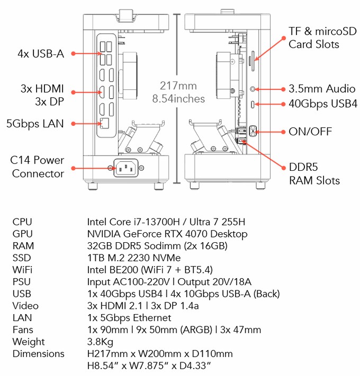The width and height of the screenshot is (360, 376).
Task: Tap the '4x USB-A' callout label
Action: pyautogui.click(x=41, y=54)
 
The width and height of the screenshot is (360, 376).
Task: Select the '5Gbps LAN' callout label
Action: pyautogui.click(x=35, y=124)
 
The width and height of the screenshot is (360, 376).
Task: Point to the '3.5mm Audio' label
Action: pyautogui.click(x=322, y=89)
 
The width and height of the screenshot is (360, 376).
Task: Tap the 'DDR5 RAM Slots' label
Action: pyautogui.click(x=314, y=174)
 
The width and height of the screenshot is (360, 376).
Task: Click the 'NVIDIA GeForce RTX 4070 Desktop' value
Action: pyautogui.click(x=167, y=234)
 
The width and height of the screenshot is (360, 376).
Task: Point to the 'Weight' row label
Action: pyautogui.click(x=29, y=342)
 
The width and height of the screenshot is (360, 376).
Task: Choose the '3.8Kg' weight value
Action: pyautogui.click(x=100, y=342)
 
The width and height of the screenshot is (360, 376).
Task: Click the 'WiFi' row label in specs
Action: pyautogui.click(x=22, y=270)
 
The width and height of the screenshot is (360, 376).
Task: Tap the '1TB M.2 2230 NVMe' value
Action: pyautogui.click(x=133, y=258)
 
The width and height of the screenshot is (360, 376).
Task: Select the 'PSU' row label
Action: pyautogui.click(x=22, y=282)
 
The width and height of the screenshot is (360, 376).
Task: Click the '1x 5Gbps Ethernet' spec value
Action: pyautogui.click(x=129, y=318)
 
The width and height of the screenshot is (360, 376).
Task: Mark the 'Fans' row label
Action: pyautogui.click(x=22, y=329)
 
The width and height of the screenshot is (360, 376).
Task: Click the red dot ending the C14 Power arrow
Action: pyautogui.click(x=73, y=169)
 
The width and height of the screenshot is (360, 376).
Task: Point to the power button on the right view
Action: pyautogui.click(x=251, y=130)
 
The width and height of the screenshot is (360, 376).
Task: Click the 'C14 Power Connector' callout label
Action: pyautogui.click(x=38, y=167)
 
